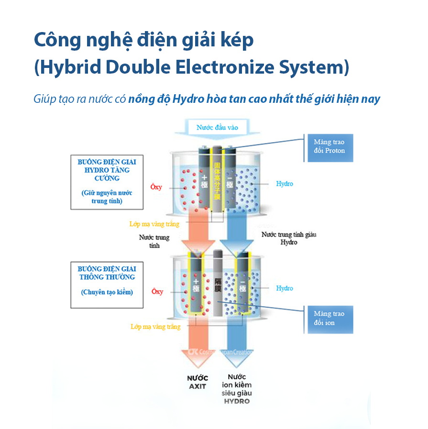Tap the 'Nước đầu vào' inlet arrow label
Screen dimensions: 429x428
click(x=217, y=128)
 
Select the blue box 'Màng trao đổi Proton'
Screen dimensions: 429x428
click(x=329, y=146)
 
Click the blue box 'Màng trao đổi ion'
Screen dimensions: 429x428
click(x=329, y=318)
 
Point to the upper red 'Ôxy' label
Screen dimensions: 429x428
click(x=156, y=187)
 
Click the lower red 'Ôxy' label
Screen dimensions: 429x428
click(x=157, y=292)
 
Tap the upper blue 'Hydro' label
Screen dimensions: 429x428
click(x=285, y=184)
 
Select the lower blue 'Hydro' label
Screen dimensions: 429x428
click(x=285, y=288)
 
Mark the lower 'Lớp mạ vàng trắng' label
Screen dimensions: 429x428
click(x=155, y=327)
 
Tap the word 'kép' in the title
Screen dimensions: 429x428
click(x=238, y=41)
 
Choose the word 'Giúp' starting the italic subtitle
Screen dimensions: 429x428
click(x=44, y=99)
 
